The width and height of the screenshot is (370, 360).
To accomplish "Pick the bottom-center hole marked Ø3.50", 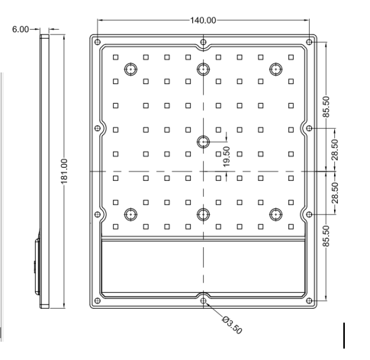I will [203, 301].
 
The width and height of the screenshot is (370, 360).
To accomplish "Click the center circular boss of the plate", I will [203, 141].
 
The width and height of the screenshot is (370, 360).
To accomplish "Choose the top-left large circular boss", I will [131, 69].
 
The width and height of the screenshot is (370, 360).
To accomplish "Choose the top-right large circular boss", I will [275, 69].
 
